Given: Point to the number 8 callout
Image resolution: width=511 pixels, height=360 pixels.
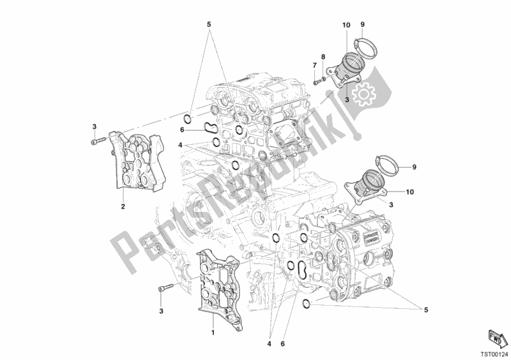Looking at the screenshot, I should click(323, 57).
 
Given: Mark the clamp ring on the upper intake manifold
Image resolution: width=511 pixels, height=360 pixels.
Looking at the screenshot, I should click(363, 45).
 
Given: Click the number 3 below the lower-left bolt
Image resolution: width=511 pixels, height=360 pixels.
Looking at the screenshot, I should click(162, 311).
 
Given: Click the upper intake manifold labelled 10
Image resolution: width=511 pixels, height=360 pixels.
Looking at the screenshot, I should click(350, 64).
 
